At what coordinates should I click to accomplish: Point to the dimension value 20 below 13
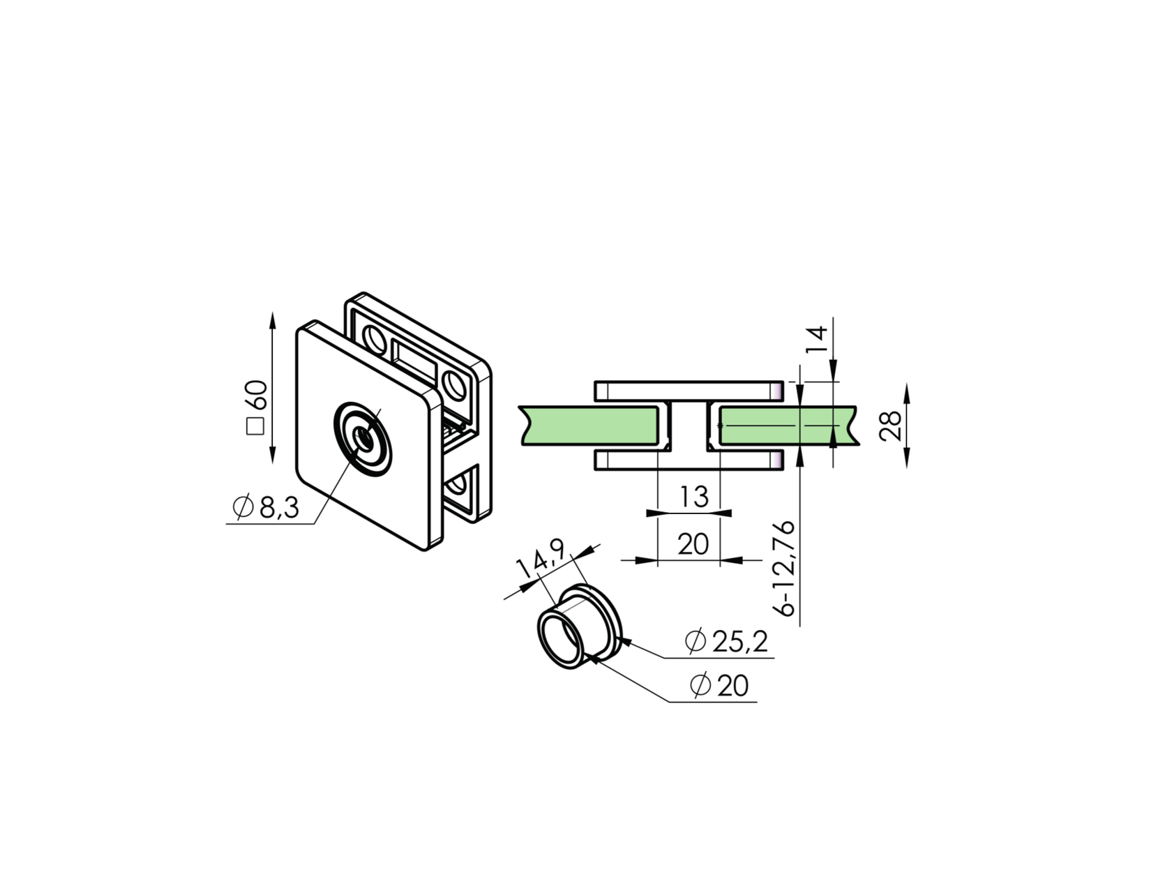pos(693,544)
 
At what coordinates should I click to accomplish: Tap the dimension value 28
pos(890,426)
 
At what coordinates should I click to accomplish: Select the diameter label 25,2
pos(727,641)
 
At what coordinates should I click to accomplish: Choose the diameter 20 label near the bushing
pos(719,686)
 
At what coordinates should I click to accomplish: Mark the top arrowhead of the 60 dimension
pos(272,319)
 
